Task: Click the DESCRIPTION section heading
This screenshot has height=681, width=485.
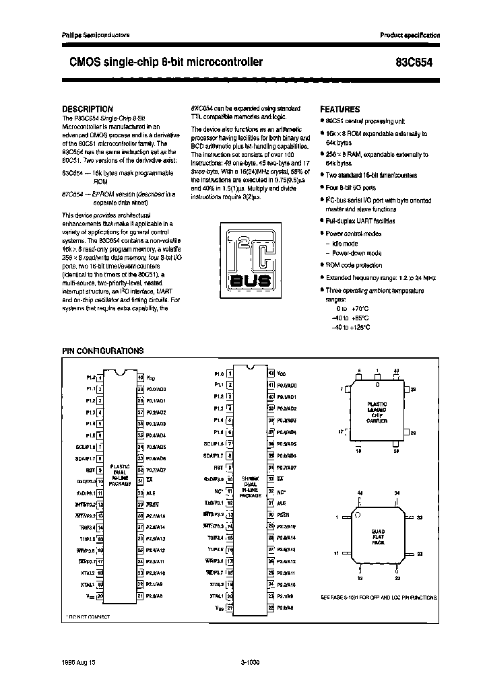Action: click(87, 108)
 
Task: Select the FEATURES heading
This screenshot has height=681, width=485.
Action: click(339, 109)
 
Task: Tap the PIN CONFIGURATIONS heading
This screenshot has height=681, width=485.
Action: click(102, 351)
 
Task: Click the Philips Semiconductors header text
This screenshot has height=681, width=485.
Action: click(91, 34)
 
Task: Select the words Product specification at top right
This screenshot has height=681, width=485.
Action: click(410, 34)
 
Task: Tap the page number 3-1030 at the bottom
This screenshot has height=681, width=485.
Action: click(250, 662)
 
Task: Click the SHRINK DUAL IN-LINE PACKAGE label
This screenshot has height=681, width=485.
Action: click(251, 487)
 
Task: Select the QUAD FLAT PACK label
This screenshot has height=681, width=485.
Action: click(378, 536)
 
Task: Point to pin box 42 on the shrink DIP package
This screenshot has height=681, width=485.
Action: click(271, 373)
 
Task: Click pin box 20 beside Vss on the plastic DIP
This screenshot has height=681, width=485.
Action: click(100, 595)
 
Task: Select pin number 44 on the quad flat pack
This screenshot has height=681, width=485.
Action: click(360, 493)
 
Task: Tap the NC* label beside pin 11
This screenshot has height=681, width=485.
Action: click(218, 490)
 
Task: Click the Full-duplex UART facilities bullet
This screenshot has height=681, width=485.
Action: click(360, 221)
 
